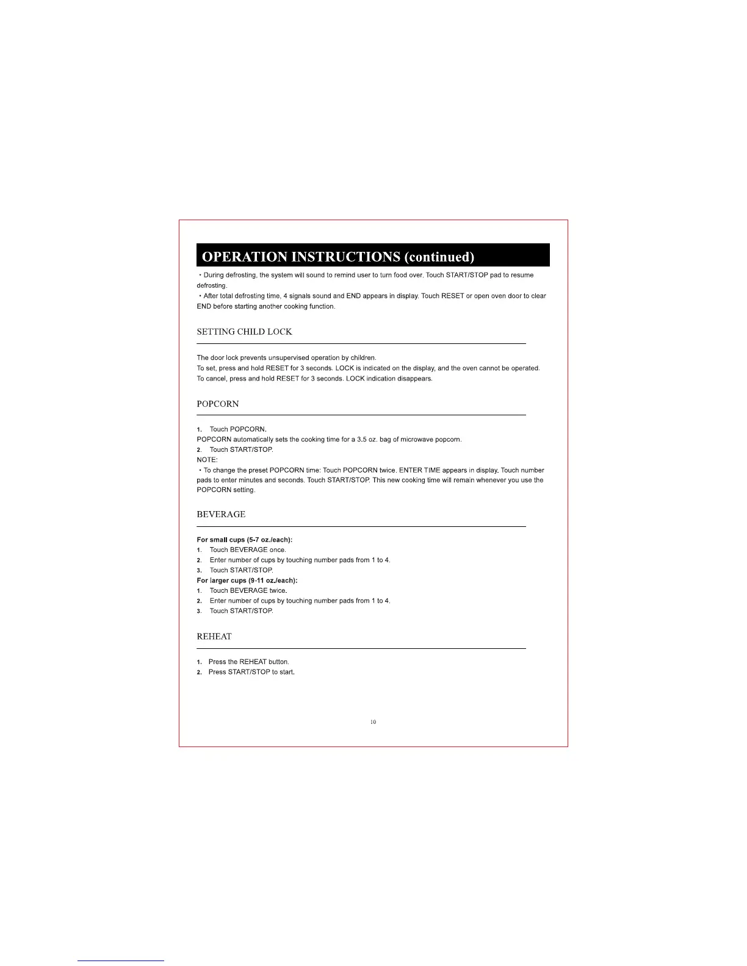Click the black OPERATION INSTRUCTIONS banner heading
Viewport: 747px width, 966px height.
tap(372, 256)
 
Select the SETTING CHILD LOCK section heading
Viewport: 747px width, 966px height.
tap(244, 332)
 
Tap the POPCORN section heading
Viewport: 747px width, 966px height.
tap(218, 404)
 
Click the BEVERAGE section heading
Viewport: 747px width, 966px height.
tap(221, 514)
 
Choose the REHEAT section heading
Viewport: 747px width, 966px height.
tap(214, 636)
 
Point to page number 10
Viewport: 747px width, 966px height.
tap(373, 722)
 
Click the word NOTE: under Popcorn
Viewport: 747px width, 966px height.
tap(207, 460)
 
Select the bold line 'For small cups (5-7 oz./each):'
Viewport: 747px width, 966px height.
tap(244, 540)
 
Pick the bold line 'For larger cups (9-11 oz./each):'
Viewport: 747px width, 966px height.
tap(247, 580)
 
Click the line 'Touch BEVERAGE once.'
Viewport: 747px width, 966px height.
tap(247, 549)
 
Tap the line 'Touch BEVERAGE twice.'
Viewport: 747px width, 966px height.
tap(248, 590)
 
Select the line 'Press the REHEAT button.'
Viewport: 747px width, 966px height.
tap(248, 662)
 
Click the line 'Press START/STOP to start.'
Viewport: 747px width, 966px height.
tap(251, 672)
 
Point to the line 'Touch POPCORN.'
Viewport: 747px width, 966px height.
tap(238, 429)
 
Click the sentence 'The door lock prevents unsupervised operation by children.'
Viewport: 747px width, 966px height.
tap(286, 358)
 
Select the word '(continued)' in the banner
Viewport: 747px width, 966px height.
tap(439, 256)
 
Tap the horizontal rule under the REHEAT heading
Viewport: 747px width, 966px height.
tap(361, 648)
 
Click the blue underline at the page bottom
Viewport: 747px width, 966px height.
tap(121, 961)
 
